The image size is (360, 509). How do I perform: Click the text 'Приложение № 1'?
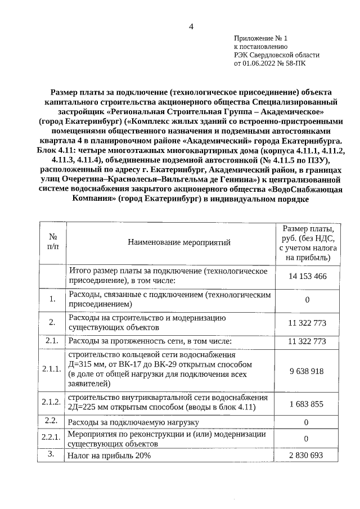point(260,38)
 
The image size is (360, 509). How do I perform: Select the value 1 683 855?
point(308,404)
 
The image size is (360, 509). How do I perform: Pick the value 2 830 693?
point(308,455)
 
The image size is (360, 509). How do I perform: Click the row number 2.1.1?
point(52,369)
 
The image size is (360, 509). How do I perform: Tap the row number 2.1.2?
point(52,402)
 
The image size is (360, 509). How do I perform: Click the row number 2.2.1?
point(52,437)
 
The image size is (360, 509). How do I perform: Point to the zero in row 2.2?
point(308,421)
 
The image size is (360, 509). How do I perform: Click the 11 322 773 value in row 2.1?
point(308,341)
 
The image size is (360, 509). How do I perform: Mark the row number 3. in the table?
point(52,454)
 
